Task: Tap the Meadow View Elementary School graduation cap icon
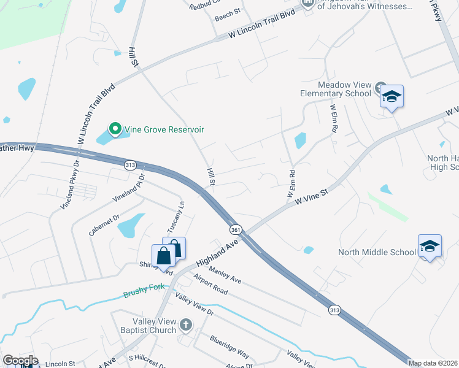[x=391, y=97]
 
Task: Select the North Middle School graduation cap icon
[x=430, y=247]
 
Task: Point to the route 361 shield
[x=236, y=229]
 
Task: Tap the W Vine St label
[x=312, y=196]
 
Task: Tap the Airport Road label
[x=210, y=286]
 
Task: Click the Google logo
[x=21, y=361]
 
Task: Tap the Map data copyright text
[x=433, y=363]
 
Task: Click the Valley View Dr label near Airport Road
[x=194, y=304]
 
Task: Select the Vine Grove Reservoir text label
[x=164, y=129]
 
